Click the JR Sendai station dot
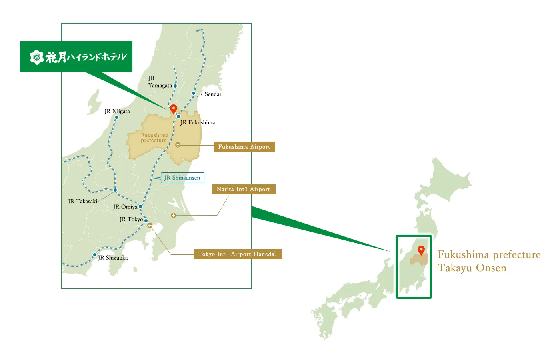194,93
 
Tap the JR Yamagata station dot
175,86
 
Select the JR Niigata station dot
117,117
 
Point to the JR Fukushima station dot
178,116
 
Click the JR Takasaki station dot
115,190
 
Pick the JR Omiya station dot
140,206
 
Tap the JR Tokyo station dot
146,220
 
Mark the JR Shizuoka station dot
95,255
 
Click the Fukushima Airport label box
244,147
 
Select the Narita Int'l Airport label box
243,189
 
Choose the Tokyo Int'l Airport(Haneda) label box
237,254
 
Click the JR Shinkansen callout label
182,178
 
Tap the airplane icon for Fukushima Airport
178,145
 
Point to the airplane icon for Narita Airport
173,215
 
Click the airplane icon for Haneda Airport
150,225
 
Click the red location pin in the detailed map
173,108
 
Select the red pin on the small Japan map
421,250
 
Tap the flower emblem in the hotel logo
37,57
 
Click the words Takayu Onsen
472,268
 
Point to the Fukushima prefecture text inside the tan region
154,138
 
